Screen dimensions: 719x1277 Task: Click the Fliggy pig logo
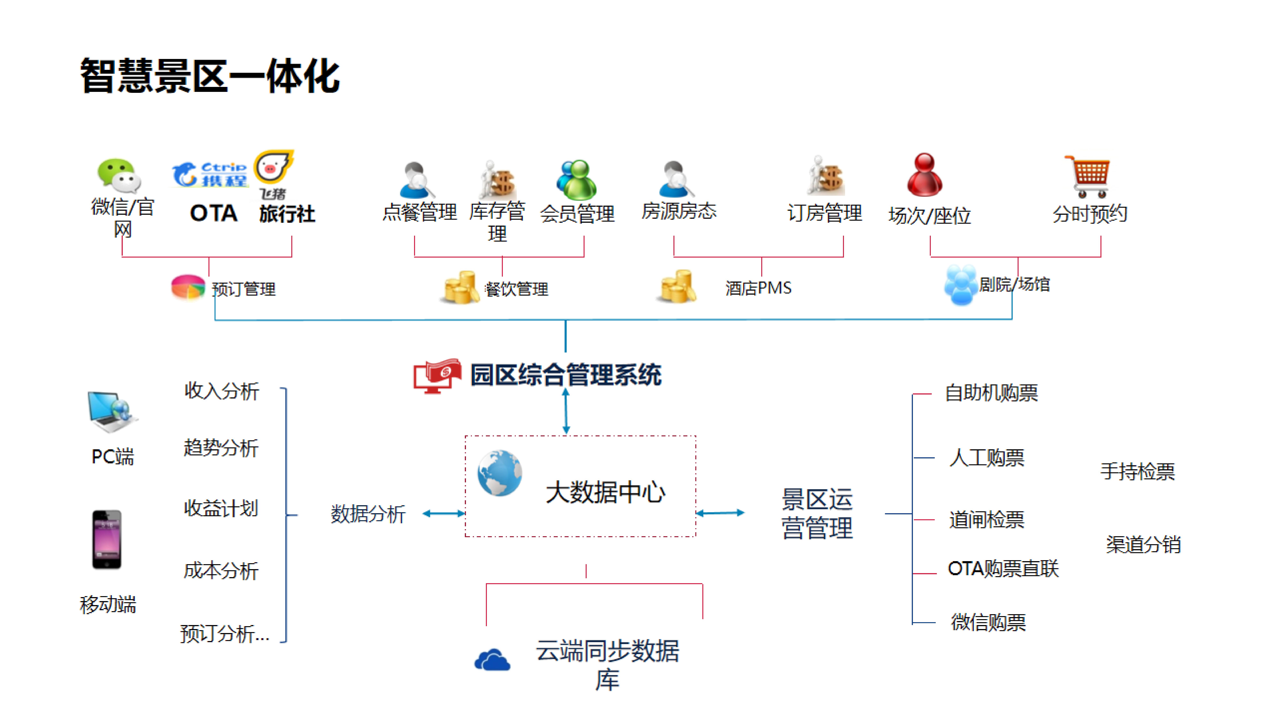point(273,167)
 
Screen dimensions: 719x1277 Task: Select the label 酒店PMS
point(758,288)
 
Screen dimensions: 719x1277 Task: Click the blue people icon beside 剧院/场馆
point(960,284)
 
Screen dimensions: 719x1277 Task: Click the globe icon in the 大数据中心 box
point(499,473)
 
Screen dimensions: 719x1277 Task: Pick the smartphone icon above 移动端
point(107,539)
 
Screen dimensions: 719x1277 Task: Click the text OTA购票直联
point(1003,569)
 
